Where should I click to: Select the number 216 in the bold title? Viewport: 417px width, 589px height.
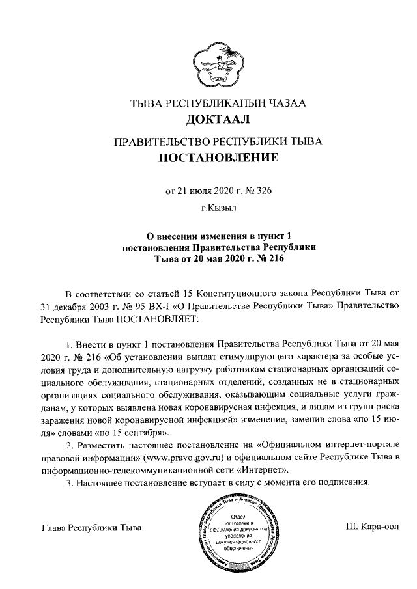coord(272,257)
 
